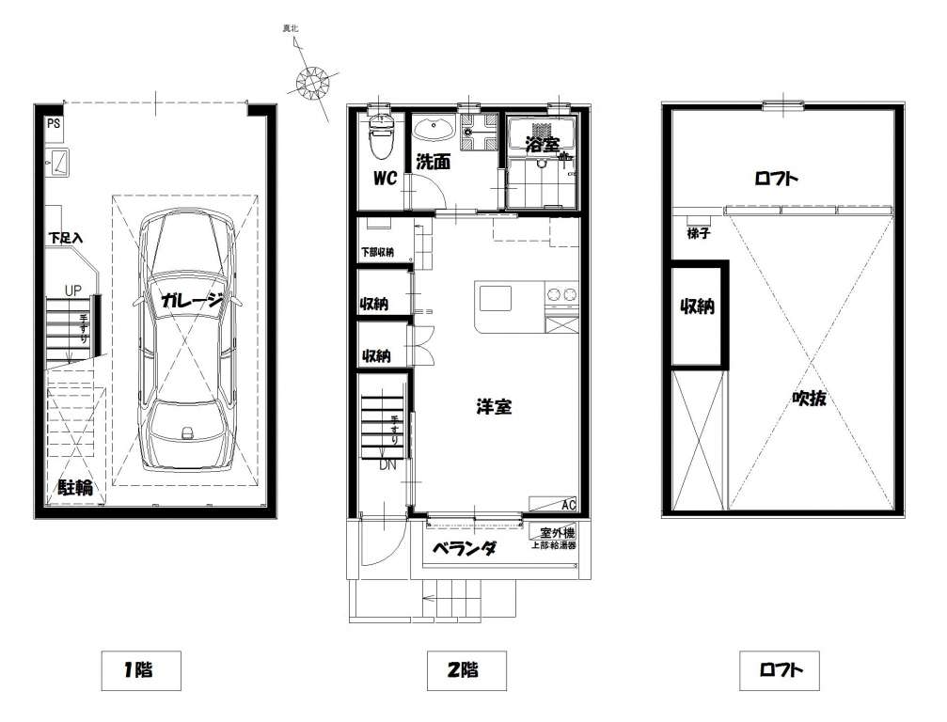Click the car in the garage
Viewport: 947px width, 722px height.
tap(187, 340)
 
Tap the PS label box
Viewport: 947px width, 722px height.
tap(54, 124)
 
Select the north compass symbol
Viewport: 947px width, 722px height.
tap(311, 81)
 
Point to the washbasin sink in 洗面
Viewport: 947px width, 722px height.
tap(433, 129)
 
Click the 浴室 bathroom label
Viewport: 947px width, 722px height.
tap(542, 145)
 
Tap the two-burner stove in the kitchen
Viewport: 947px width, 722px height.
tap(561, 295)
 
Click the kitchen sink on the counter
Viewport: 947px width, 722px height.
tap(496, 298)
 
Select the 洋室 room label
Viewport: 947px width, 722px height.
tap(494, 407)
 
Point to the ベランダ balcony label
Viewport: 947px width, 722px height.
tap(465, 549)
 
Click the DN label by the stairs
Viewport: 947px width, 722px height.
tap(387, 464)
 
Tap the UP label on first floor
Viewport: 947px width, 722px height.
tap(73, 291)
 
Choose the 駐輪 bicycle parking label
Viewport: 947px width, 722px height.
tap(75, 487)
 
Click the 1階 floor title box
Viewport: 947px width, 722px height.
tap(141, 670)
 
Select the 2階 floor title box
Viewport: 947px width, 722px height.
tap(466, 670)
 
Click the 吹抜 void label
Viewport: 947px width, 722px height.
tap(809, 399)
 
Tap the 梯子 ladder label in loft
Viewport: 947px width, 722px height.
tap(698, 233)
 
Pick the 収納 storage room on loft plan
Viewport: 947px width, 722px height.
tap(698, 314)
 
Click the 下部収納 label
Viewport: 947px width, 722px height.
tap(377, 252)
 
